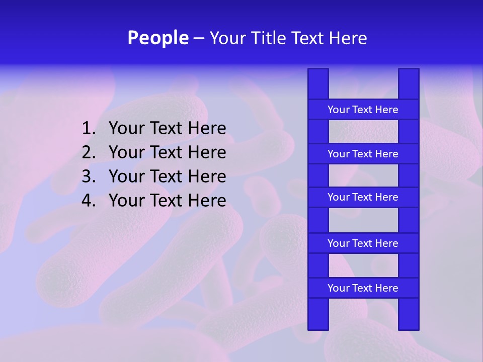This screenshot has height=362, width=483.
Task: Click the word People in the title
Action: pyautogui.click(x=158, y=38)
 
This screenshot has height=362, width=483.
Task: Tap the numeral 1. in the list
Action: pyautogui.click(x=89, y=129)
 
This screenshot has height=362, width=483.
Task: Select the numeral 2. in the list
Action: pyautogui.click(x=89, y=152)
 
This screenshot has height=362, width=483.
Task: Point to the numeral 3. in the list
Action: pyautogui.click(x=89, y=176)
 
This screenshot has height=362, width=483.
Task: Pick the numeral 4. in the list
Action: pyautogui.click(x=89, y=201)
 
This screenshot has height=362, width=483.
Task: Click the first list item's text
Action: pyautogui.click(x=168, y=129)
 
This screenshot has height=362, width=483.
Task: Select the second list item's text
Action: pyautogui.click(x=168, y=152)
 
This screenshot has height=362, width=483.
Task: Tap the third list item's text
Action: pyautogui.click(x=168, y=176)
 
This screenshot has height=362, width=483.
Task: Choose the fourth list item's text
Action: pyautogui.click(x=168, y=201)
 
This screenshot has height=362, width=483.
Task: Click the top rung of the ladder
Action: pyautogui.click(x=363, y=110)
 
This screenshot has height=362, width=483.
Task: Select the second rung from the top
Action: pyautogui.click(x=363, y=154)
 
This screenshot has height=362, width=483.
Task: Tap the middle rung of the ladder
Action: pyautogui.click(x=363, y=197)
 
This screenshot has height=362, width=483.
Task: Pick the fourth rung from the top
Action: pyautogui.click(x=363, y=243)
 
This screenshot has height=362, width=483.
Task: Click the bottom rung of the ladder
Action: pyautogui.click(x=363, y=288)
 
